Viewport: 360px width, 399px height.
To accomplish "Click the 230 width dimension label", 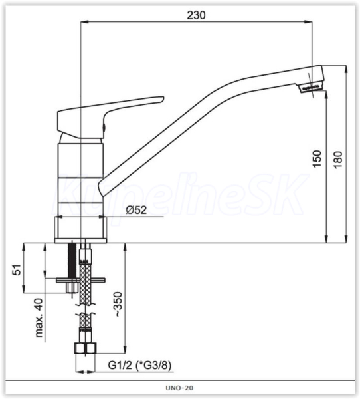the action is tap(196, 15).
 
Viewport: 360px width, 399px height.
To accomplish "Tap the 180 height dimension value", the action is tap(338, 160).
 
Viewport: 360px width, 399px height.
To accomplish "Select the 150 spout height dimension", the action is tap(317, 159).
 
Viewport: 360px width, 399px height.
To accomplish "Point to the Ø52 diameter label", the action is tap(136, 210).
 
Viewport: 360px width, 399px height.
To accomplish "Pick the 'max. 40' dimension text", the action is tap(39, 318).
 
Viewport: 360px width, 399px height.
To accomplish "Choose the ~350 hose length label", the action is tap(118, 305).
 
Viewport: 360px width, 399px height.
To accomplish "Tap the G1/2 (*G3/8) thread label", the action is tap(139, 365).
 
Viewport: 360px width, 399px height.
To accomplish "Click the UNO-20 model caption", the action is tap(179, 388).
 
